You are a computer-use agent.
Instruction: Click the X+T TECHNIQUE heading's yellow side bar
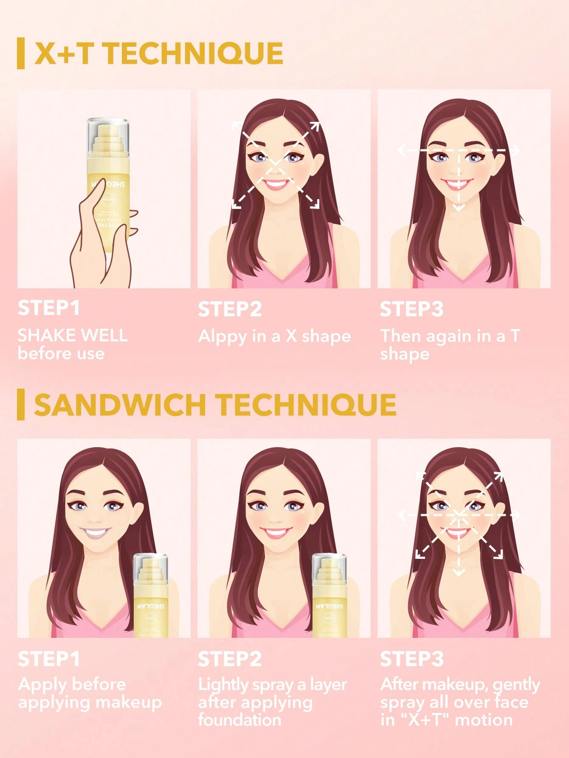pyautogui.click(x=20, y=54)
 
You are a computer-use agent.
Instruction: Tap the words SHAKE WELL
pyautogui.click(x=72, y=335)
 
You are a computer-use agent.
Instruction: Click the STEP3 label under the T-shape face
pyautogui.click(x=411, y=309)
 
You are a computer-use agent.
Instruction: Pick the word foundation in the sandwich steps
pyautogui.click(x=239, y=720)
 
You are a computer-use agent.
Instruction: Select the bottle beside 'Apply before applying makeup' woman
pyautogui.click(x=151, y=595)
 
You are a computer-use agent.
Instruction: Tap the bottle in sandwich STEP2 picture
pyautogui.click(x=330, y=595)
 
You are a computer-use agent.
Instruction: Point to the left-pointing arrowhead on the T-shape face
pyautogui.click(x=400, y=150)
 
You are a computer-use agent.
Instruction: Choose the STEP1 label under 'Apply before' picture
pyautogui.click(x=48, y=659)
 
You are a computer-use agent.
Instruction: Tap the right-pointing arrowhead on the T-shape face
pyautogui.click(x=516, y=151)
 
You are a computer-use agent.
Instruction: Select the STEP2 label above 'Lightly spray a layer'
pyautogui.click(x=230, y=659)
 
